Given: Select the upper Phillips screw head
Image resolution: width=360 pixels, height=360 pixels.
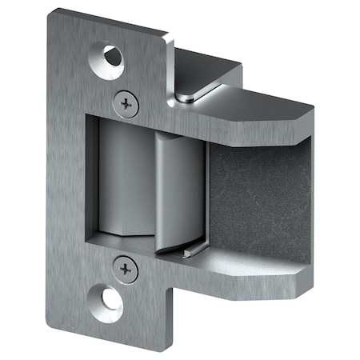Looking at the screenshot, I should tap(126, 102).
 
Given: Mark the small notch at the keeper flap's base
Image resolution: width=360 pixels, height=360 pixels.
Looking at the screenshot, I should tap(186, 253).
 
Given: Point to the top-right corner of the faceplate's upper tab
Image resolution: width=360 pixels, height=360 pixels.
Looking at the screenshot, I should tap(167, 35).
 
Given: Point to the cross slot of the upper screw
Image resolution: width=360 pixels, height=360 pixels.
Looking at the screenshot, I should tap(126, 102).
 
